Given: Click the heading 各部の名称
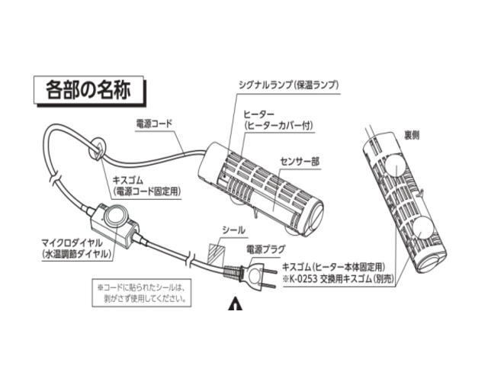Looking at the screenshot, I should point(88,91).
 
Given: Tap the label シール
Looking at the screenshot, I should point(233,229).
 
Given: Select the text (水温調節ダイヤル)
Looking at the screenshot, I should point(75,253).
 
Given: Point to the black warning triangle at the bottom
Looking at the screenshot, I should point(236,306).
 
